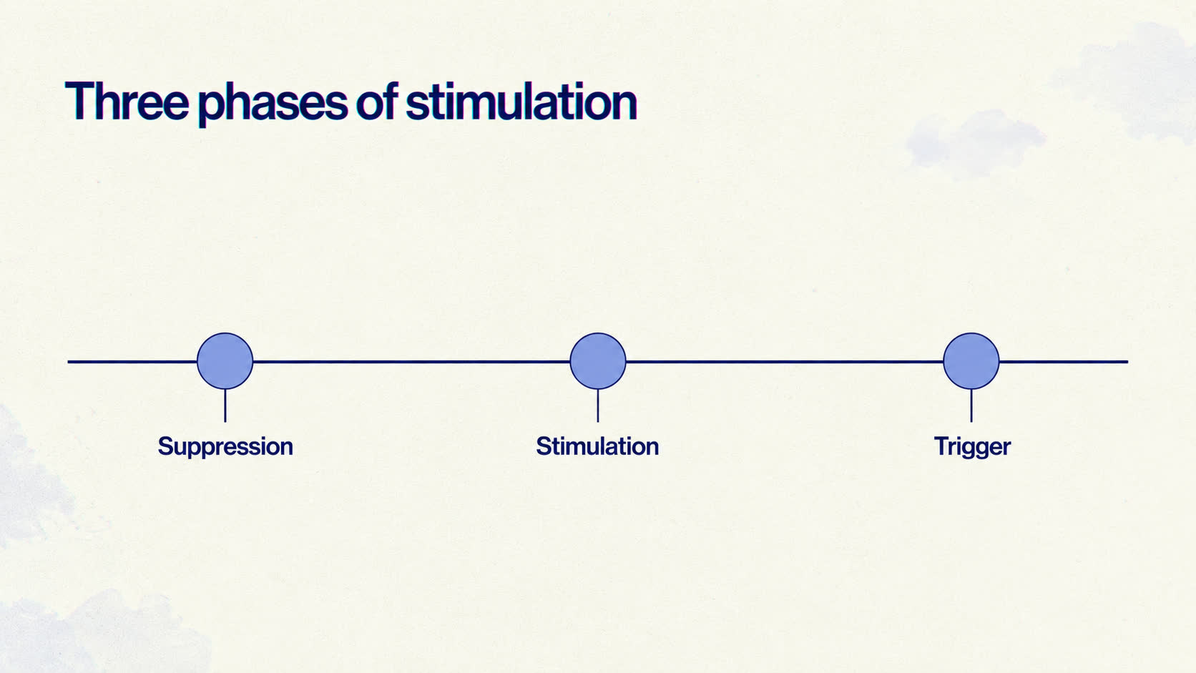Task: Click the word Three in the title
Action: (127, 101)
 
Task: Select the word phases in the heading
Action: (273, 104)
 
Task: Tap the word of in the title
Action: (376, 101)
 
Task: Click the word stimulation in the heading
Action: (521, 101)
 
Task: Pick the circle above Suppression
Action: (225, 361)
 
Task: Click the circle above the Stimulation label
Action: (598, 361)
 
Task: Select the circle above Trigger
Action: (971, 361)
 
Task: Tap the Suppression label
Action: (225, 447)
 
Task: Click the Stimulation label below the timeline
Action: (597, 446)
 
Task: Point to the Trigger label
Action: (972, 447)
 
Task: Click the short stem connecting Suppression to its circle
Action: (225, 406)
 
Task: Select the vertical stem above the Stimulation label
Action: (598, 406)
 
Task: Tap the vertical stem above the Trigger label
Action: (971, 406)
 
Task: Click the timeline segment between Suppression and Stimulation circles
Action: (411, 362)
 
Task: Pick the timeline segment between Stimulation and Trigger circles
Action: (785, 362)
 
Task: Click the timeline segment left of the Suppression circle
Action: (132, 362)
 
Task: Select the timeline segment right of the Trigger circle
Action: (1064, 362)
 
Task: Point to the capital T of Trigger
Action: (941, 446)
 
